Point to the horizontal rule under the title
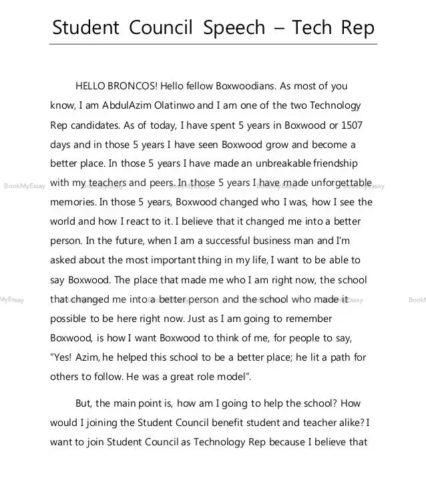[x=213, y=44]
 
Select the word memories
[x=73, y=202]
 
